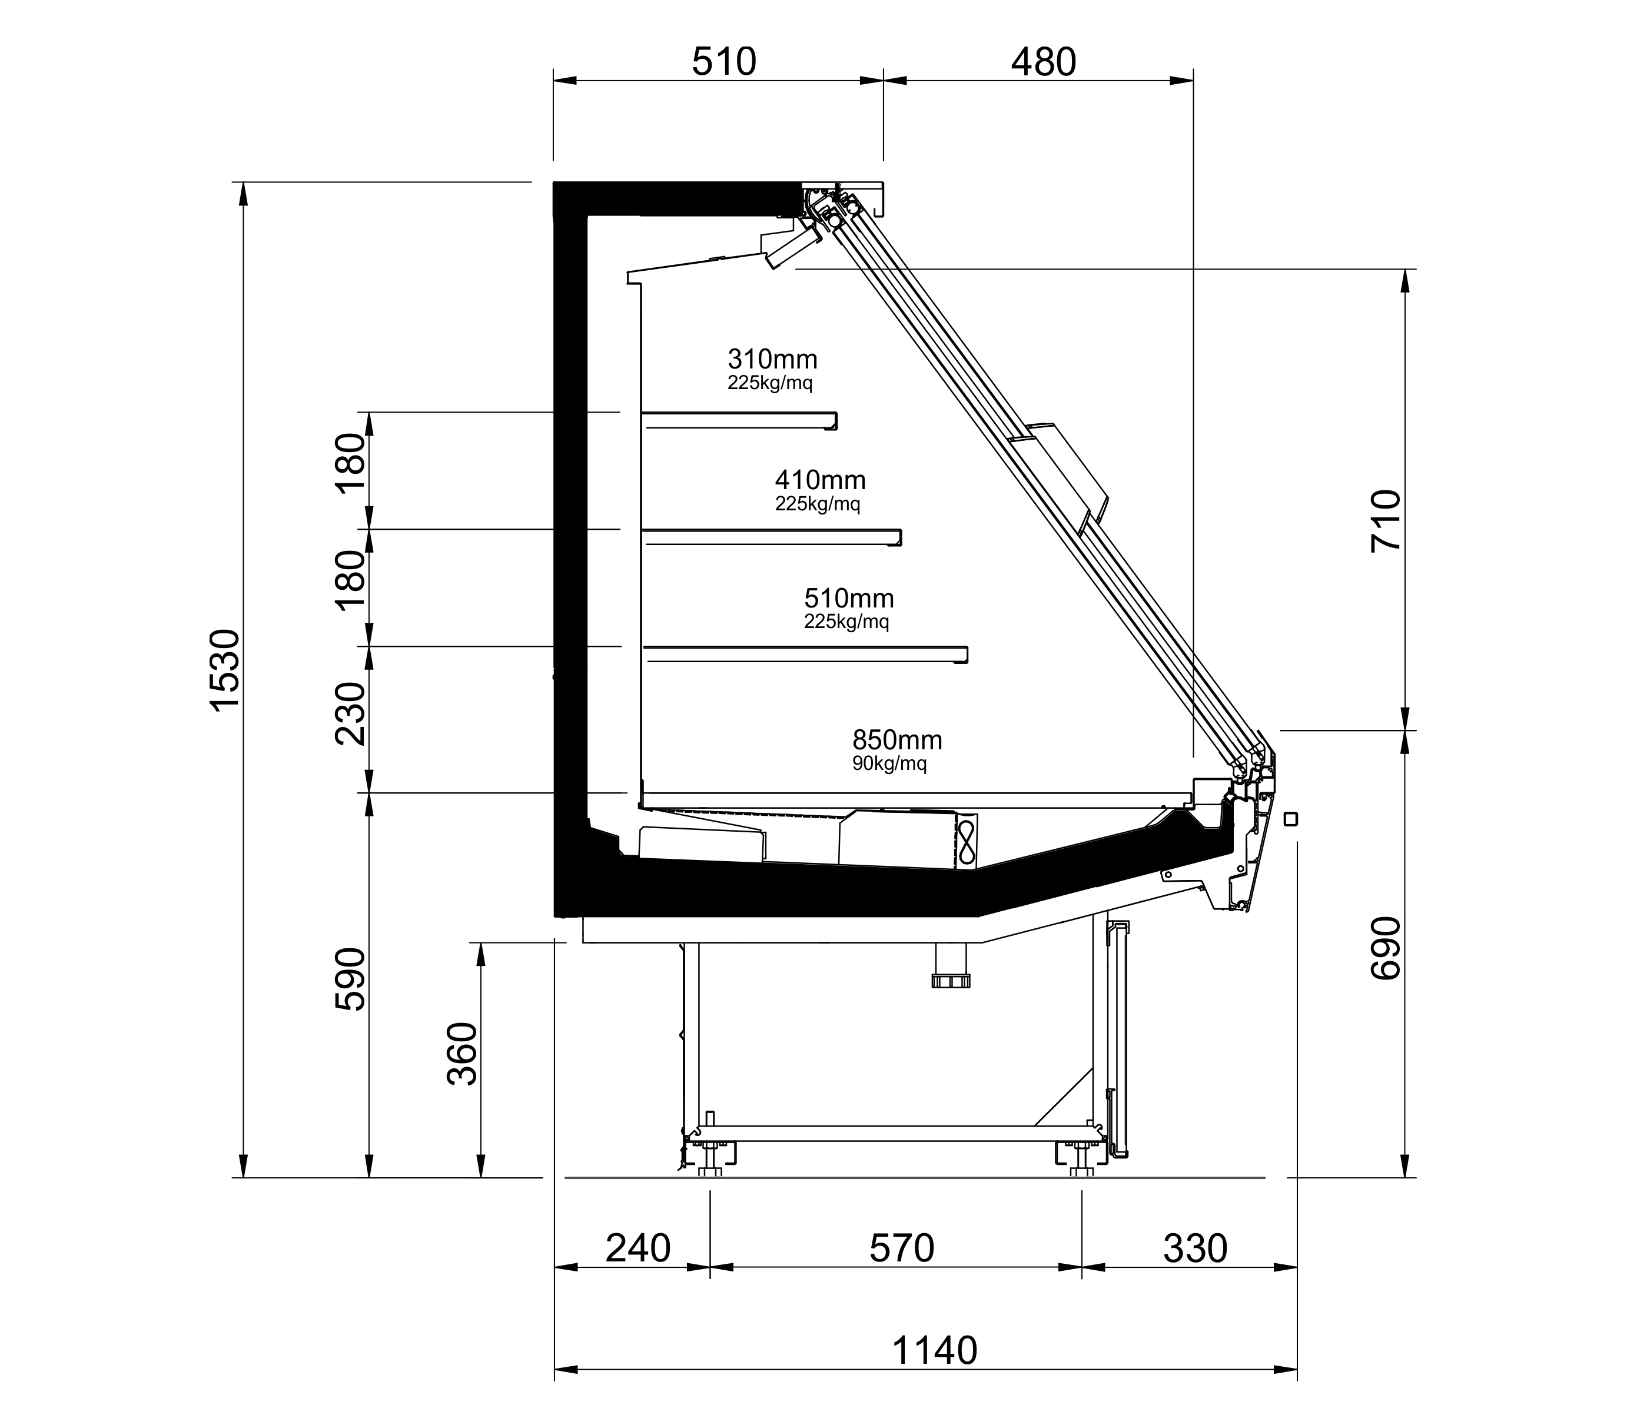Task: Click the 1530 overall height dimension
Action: click(x=224, y=669)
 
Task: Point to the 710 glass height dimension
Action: click(x=1385, y=520)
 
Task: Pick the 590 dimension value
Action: click(x=350, y=979)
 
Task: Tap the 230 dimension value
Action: click(x=350, y=714)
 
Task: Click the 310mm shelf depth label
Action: click(x=772, y=359)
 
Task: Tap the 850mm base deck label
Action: click(x=897, y=740)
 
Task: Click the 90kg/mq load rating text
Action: click(x=889, y=764)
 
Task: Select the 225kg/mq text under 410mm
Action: click(x=818, y=504)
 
